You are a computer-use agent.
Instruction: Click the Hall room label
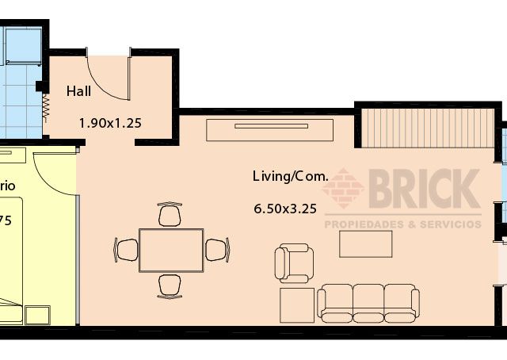[78, 91]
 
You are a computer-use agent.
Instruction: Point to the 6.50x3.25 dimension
[285, 209]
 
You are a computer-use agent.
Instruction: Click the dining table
[171, 250]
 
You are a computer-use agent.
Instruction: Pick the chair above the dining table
[170, 215]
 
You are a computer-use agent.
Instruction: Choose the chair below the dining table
[170, 285]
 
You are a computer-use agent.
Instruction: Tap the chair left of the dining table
[127, 250]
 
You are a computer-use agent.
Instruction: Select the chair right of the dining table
[216, 250]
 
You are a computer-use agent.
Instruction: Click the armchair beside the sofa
[294, 263]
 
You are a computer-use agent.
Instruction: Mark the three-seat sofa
[368, 303]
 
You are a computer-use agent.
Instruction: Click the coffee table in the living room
[365, 243]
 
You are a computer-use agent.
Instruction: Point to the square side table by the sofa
[297, 304]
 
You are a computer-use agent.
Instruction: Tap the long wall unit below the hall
[269, 129]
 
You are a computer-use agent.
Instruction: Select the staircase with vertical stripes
[427, 127]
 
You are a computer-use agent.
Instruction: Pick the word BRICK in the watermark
[425, 190]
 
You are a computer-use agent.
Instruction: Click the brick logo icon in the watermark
[343, 189]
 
